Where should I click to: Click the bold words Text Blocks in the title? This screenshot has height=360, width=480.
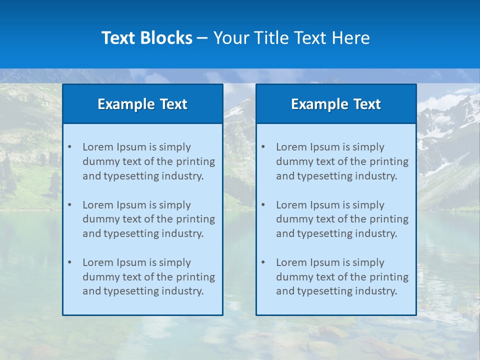(x=146, y=38)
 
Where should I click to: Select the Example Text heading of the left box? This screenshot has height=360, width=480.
(x=142, y=104)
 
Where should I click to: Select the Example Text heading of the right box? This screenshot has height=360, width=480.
(x=336, y=104)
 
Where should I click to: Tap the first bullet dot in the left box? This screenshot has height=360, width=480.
(x=69, y=147)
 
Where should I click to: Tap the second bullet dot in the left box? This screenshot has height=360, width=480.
(x=69, y=205)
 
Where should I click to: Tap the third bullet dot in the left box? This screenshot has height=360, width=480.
(x=69, y=262)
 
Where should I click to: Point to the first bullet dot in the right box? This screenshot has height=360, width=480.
(x=263, y=147)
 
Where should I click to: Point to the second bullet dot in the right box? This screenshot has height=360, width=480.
(x=263, y=205)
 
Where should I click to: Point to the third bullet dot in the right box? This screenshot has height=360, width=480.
(x=263, y=262)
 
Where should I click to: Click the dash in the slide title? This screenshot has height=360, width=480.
(x=202, y=38)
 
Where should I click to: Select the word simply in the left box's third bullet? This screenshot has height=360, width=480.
(x=175, y=262)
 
